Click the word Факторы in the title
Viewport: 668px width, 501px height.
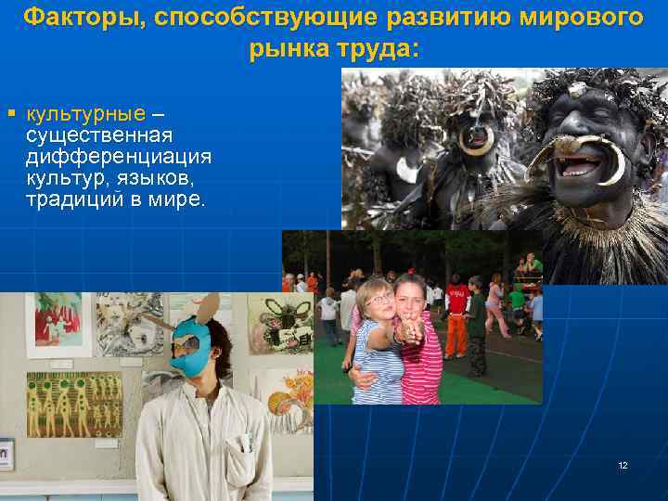click(69, 17)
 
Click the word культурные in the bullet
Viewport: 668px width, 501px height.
click(86, 114)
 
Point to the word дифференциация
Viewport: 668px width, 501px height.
click(119, 156)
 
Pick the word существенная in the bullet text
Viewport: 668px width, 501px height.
click(99, 135)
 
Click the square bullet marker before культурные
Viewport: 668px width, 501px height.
click(12, 113)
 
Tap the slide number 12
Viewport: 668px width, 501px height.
click(623, 465)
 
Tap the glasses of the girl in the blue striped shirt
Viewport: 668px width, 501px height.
click(379, 298)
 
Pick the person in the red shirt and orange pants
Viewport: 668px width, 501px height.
click(456, 320)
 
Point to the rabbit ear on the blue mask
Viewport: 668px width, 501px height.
click(212, 307)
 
